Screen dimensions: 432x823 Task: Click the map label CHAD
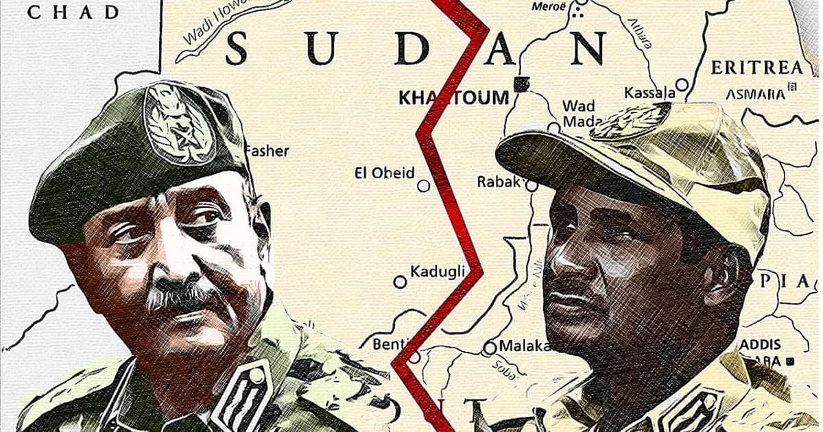72,12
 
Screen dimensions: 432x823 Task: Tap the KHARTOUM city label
453,97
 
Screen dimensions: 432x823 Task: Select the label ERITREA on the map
756,67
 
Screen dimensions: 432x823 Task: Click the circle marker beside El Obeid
424,185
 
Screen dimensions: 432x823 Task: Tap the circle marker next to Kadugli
400,281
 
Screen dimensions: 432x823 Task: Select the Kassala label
647,92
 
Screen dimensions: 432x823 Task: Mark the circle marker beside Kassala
682,85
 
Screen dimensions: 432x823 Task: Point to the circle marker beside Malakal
490,348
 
